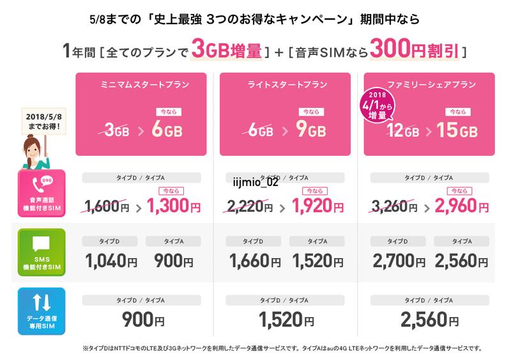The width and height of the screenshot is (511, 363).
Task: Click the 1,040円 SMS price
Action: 111,262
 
